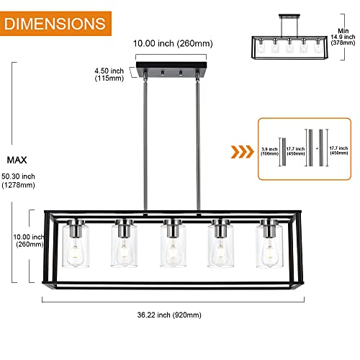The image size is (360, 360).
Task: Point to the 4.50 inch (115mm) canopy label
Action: coord(109,73)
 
